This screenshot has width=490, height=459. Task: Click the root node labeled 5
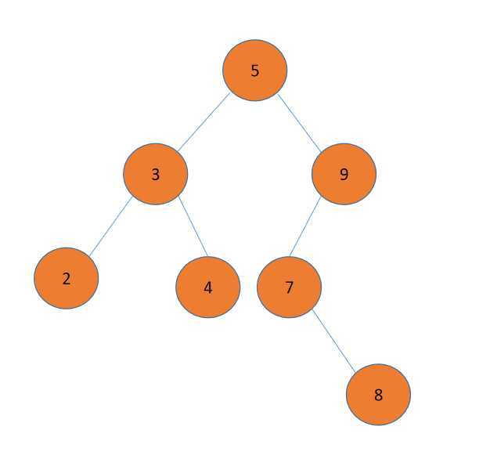(254, 70)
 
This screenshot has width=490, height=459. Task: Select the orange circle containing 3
(155, 174)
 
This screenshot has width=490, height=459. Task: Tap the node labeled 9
(344, 174)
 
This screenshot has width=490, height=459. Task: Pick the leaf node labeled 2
(67, 278)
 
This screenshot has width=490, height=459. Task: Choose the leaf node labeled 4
(207, 287)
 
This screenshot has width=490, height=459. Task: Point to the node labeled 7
(289, 287)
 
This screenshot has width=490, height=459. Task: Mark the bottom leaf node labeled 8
(378, 395)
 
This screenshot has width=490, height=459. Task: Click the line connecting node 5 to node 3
(204, 122)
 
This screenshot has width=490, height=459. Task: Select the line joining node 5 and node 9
(300, 122)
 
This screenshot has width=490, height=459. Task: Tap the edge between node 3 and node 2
(110, 226)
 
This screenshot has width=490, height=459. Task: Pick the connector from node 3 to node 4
(193, 227)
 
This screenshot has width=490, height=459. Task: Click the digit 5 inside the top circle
(254, 71)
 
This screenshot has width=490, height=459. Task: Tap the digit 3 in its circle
(155, 175)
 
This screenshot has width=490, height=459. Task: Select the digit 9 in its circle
(344, 175)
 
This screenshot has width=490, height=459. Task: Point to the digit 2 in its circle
(67, 279)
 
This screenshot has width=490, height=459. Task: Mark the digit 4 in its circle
(207, 288)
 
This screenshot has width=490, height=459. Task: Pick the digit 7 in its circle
(289, 288)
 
